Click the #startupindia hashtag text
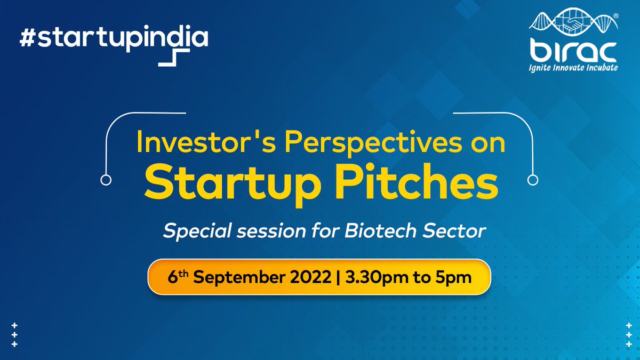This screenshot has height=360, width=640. (x=114, y=38)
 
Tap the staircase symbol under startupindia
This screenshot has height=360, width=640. (x=174, y=58)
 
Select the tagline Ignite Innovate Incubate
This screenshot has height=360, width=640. (x=573, y=68)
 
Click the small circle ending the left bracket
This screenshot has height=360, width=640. (x=106, y=180)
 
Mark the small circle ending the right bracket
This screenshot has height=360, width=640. (x=533, y=180)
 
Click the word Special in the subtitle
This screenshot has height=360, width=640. (x=197, y=231)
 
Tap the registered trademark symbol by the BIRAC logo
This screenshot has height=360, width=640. (x=615, y=16)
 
